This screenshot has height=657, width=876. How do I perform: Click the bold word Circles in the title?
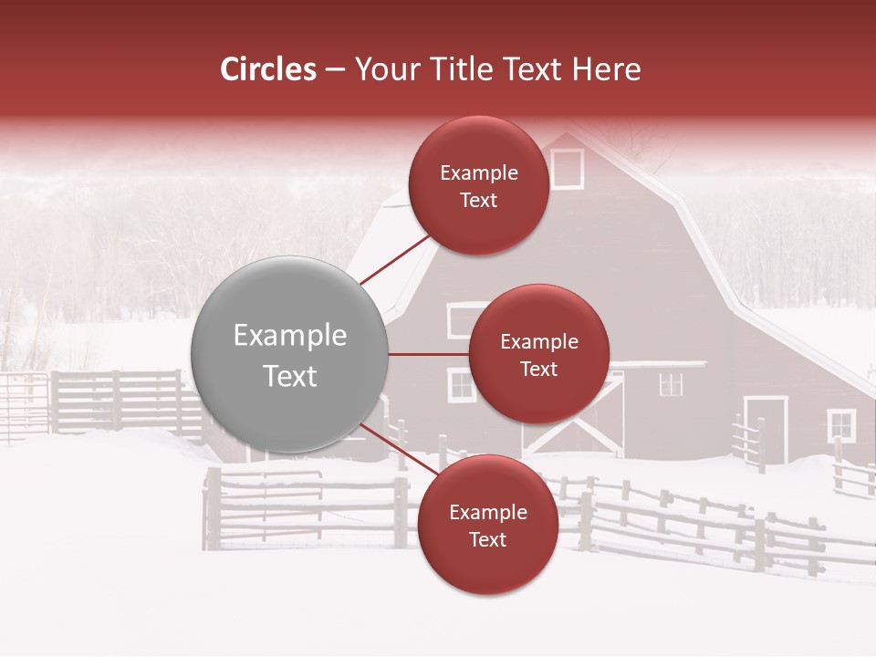point(268,69)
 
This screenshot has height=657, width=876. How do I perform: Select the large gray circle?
point(290,354)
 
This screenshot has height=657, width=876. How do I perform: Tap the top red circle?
point(478,185)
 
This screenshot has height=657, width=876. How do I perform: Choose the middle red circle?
point(538,354)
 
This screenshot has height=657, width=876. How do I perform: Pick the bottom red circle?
point(487,525)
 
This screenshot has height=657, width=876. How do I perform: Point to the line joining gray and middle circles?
point(428,354)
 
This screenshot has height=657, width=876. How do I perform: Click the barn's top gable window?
point(567,168)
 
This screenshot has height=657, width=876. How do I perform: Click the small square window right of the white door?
point(840,424)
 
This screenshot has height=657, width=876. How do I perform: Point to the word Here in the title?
point(606,69)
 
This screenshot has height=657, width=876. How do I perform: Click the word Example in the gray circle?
point(290,335)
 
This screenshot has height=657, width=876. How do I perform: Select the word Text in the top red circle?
point(478,200)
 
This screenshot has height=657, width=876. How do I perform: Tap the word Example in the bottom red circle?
point(487,512)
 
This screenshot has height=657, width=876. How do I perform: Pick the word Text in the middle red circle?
point(538,369)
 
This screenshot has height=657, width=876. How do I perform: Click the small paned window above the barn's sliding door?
point(671,384)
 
